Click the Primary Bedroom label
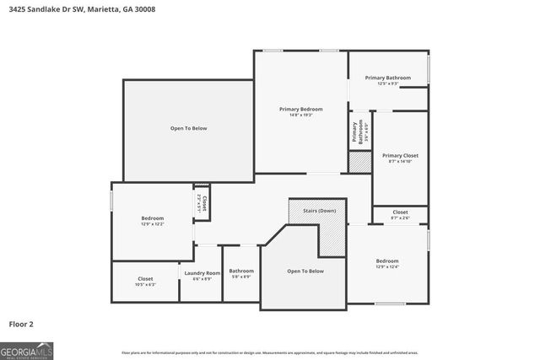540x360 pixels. click(301, 109)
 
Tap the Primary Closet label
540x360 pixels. click(399, 155)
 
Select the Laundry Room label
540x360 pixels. click(201, 272)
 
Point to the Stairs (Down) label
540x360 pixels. click(316, 210)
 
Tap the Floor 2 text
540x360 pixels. click(21, 323)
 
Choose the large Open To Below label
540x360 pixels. click(188, 128)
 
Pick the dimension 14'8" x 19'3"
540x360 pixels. click(301, 115)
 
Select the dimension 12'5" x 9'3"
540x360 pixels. click(387, 83)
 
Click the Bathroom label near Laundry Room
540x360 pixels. click(241, 271)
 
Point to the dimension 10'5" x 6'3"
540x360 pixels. click(145, 284)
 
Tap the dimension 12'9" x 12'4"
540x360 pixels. click(387, 266)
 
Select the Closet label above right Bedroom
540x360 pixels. click(399, 212)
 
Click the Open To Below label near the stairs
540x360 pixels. click(305, 271)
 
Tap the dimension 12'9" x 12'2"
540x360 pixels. click(152, 224)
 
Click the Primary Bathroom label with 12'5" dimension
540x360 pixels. click(387, 78)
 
